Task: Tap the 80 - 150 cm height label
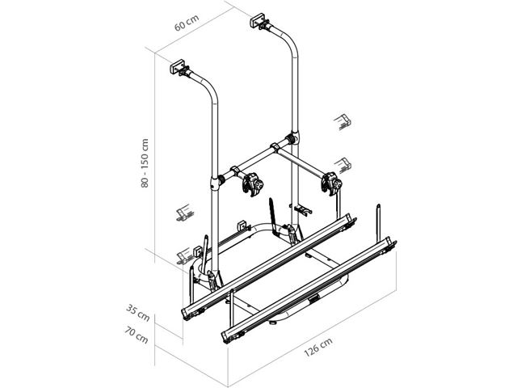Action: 145,163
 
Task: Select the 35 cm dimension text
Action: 138,313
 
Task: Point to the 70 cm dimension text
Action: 137,335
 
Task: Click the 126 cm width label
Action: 317,347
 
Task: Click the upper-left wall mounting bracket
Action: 178,68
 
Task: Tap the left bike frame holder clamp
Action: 252,185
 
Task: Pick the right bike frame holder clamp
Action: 332,184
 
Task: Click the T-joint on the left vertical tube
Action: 215,183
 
